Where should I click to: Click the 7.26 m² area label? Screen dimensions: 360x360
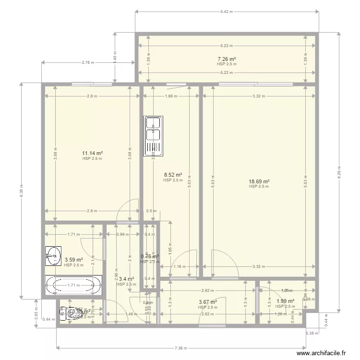point(227,60)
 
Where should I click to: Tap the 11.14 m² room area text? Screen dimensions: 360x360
point(92,154)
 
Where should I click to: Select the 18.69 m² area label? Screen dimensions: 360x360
point(259,181)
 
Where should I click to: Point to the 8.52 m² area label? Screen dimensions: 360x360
point(173,175)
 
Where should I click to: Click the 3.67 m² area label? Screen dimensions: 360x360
point(208,302)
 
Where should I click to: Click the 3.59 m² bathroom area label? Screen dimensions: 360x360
point(73,260)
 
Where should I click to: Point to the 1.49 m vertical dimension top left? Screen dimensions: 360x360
point(115,58)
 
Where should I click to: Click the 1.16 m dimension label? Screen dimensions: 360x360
point(180,267)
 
